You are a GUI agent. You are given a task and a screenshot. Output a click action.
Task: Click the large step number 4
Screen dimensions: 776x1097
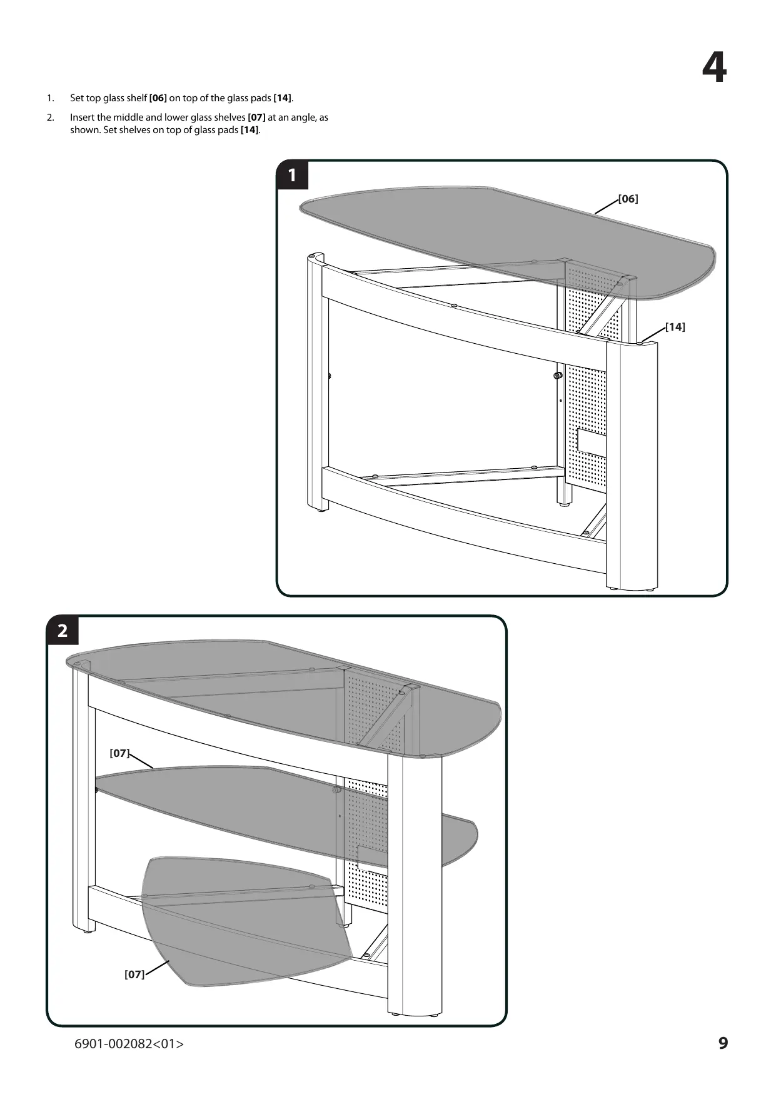coord(714,68)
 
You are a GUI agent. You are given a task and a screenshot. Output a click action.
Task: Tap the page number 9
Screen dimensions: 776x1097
coord(723,1043)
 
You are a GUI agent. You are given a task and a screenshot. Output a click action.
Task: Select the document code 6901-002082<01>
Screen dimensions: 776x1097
coord(129,1043)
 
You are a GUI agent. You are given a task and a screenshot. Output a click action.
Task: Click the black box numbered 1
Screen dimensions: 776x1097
coord(292,175)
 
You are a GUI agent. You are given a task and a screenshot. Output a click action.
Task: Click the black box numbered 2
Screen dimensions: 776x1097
coord(63,630)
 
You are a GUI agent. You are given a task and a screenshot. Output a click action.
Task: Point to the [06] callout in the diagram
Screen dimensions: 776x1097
coord(628,199)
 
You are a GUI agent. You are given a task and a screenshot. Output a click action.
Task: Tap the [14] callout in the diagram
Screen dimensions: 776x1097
coord(675,327)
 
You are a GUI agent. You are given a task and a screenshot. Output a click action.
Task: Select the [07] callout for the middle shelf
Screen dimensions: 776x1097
coord(119,753)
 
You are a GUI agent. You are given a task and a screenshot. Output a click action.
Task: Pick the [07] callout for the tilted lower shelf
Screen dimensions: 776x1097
coord(134,974)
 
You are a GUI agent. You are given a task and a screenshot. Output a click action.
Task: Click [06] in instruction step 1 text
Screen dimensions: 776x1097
coord(158,98)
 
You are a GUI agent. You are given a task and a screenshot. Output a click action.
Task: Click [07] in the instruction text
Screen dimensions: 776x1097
coord(257,118)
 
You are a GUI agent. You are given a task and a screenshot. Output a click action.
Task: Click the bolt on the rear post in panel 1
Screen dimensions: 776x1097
coord(558,376)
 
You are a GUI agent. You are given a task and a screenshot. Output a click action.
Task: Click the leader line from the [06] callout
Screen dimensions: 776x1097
coord(607,206)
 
